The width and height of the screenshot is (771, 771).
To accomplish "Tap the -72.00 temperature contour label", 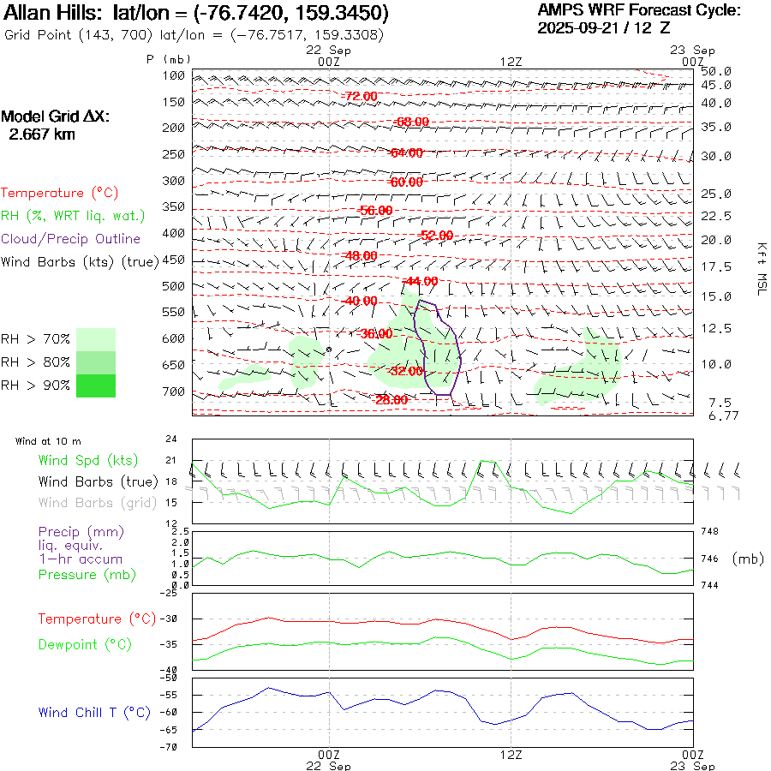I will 360,96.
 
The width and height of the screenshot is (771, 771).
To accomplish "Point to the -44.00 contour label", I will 421,281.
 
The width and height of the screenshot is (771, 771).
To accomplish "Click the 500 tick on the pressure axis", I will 174,286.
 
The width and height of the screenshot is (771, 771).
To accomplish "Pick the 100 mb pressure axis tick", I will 174,75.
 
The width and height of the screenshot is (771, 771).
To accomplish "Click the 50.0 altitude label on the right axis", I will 715,71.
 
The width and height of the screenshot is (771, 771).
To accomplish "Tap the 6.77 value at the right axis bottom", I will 715,415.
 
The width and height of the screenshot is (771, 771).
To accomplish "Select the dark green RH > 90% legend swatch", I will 95,385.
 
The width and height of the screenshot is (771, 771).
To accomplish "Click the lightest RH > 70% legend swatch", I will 95,339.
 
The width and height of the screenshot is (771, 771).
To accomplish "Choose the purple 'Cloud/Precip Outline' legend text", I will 70,238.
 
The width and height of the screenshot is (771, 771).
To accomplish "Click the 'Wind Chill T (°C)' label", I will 94,712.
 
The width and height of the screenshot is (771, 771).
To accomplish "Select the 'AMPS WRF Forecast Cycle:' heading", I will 638,10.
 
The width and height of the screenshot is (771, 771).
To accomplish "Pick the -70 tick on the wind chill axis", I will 170,747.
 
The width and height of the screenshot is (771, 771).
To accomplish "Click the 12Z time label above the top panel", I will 511,61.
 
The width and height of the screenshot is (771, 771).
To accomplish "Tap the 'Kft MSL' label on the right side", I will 760,268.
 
